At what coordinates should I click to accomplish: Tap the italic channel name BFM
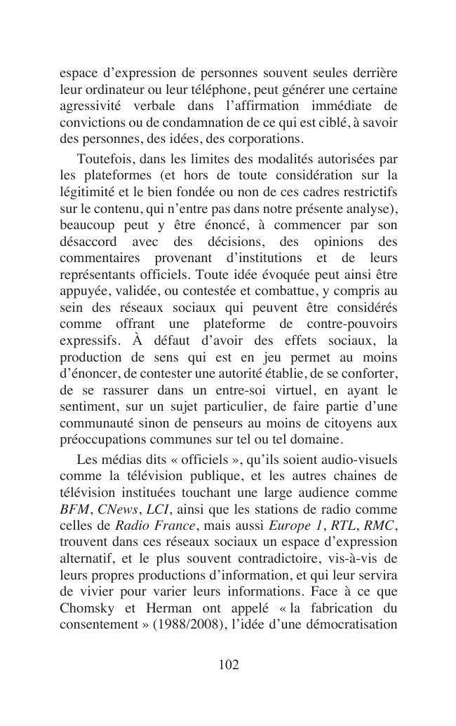(x=74, y=509)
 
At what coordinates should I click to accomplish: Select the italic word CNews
(x=117, y=509)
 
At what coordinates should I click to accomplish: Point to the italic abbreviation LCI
(x=157, y=509)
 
